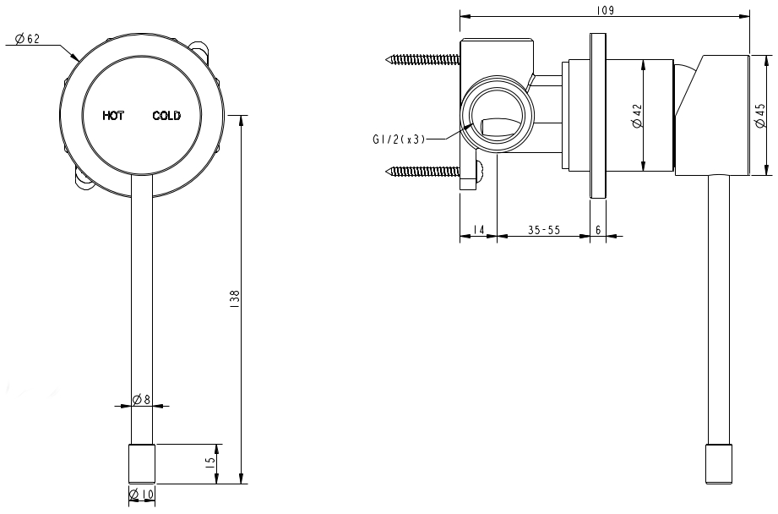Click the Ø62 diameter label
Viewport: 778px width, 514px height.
(x=27, y=39)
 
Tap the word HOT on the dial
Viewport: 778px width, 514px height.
(x=113, y=116)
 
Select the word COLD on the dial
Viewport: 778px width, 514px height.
(x=166, y=116)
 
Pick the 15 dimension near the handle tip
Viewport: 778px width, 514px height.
(x=210, y=461)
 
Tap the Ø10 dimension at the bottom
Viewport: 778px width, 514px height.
(x=141, y=495)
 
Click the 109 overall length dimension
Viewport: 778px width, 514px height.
(x=604, y=10)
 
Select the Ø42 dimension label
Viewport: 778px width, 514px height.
(x=637, y=116)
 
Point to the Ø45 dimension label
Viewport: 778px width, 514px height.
(x=760, y=116)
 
